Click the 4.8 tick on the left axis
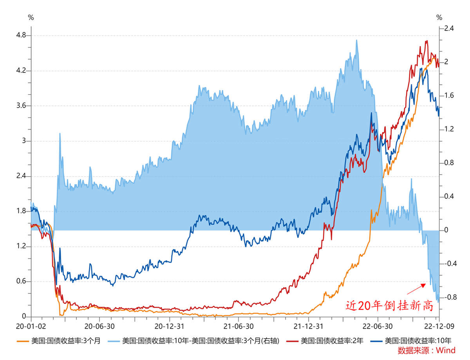20,36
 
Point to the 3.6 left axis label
20,106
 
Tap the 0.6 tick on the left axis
20,281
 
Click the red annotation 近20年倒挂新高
389,306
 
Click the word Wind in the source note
447,350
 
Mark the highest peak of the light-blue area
356,40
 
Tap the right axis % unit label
439,17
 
